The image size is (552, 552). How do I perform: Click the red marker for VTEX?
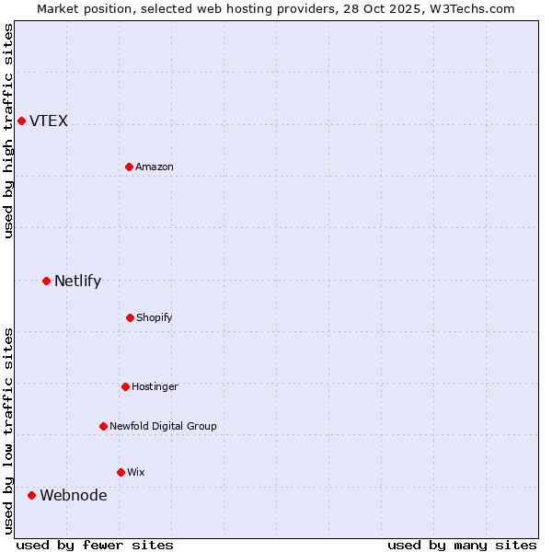pyautogui.click(x=21, y=121)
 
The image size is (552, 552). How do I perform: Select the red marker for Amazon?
pyautogui.click(x=129, y=167)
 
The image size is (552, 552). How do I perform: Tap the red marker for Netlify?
pyautogui.click(x=46, y=281)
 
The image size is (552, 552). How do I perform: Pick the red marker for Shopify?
pyautogui.click(x=130, y=317)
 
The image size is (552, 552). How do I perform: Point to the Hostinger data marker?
pyautogui.click(x=125, y=386)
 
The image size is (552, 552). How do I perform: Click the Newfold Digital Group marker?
pyautogui.click(x=103, y=426)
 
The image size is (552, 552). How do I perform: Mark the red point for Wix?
pyautogui.click(x=121, y=472)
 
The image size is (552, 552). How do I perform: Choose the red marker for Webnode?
pyautogui.click(x=31, y=495)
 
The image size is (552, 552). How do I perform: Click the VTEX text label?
pyautogui.click(x=49, y=121)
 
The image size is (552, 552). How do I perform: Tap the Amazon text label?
pyautogui.click(x=155, y=167)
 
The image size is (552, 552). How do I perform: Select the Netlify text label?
pyautogui.click(x=77, y=282)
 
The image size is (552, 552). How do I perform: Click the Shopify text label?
pyautogui.click(x=155, y=318)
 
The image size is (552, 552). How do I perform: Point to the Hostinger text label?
pyautogui.click(x=155, y=387)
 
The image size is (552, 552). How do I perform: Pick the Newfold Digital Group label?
pyautogui.click(x=163, y=427)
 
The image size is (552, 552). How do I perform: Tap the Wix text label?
pyautogui.click(x=136, y=473)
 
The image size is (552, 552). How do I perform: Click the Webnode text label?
pyautogui.click(x=73, y=496)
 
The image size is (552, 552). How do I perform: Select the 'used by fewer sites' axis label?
pyautogui.click(x=95, y=545)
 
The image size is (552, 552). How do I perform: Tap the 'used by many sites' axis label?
pyautogui.click(x=462, y=545)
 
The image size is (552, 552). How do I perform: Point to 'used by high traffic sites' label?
pyautogui.click(x=8, y=131)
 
